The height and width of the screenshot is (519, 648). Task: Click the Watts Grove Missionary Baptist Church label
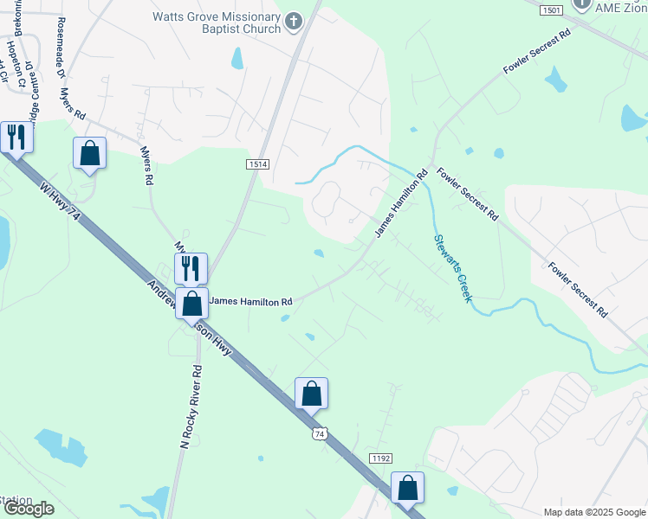point(217,22)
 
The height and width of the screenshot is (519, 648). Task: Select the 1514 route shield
point(258,164)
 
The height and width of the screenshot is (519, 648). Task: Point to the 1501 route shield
point(550,10)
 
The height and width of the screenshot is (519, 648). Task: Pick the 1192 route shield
point(379,458)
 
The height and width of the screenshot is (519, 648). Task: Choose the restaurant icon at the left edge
point(16,136)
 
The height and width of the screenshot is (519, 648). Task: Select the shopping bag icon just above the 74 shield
point(311,394)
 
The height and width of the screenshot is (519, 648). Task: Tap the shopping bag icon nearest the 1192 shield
point(407,488)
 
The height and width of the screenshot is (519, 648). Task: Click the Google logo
point(28,509)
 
